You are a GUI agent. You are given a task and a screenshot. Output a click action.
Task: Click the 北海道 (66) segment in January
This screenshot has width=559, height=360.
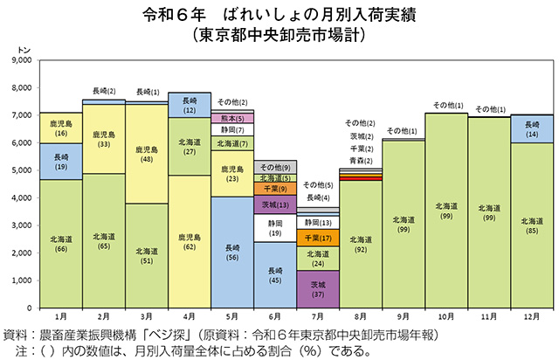pyautogui.click(x=60, y=244)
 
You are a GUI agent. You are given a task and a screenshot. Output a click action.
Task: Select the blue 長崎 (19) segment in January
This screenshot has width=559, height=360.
pyautogui.click(x=60, y=161)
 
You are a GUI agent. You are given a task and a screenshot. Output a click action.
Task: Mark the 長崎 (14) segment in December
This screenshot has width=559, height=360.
pyautogui.click(x=532, y=128)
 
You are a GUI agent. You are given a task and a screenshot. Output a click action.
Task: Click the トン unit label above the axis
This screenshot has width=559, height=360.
pyautogui.click(x=24, y=52)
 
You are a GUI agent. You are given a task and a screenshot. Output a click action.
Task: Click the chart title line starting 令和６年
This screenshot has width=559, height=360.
pyautogui.click(x=279, y=15)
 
